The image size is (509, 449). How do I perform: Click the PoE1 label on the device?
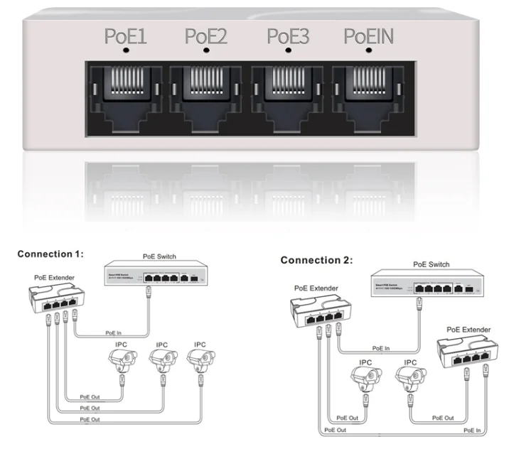pos(125,36)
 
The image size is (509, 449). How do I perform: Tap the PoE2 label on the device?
pos(205,36)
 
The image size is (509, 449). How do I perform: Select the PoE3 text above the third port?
pos(287,36)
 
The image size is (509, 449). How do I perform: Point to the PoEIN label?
pos(368,36)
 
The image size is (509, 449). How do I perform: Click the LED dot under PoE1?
pos(126,51)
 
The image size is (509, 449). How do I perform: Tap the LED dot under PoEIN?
pos(368,51)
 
